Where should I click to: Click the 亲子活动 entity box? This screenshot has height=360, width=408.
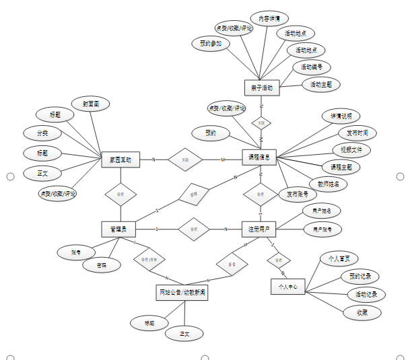(261, 87)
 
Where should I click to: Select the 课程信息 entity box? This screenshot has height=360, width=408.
(260, 157)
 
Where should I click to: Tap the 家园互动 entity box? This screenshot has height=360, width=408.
(121, 160)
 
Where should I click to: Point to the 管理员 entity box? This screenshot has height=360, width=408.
(120, 229)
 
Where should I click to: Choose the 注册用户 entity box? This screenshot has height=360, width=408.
(259, 229)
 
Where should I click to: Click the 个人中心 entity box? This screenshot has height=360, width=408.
(288, 286)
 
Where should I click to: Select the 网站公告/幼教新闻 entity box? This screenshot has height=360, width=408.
(182, 293)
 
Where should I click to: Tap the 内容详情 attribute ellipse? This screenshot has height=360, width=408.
(269, 17)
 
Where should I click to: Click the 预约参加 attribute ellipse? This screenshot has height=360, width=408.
(211, 43)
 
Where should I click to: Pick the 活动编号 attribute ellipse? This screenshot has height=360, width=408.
(311, 67)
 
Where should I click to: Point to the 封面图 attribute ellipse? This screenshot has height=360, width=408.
(96, 104)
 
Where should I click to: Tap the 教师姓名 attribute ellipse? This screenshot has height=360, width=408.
(329, 182)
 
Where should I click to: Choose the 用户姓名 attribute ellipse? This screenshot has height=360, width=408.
(321, 211)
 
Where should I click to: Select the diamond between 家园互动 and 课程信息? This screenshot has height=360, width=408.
(185, 160)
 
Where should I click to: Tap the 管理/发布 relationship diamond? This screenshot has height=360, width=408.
(149, 258)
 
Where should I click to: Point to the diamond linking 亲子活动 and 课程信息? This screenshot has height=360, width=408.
(261, 122)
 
